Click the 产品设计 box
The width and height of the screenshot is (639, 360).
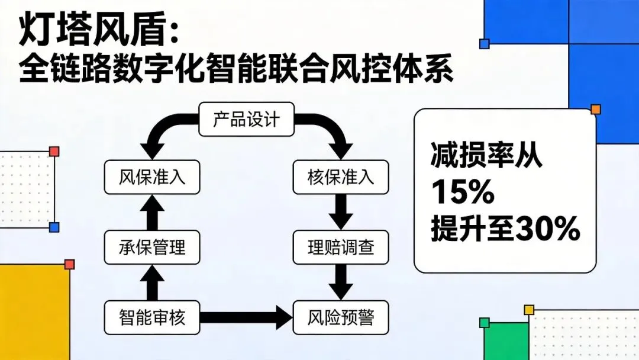click(246, 120)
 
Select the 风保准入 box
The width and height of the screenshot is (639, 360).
click(152, 176)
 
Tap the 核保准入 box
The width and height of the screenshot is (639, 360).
click(341, 176)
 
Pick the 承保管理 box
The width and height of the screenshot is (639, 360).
click(152, 246)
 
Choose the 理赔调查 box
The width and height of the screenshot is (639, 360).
click(341, 246)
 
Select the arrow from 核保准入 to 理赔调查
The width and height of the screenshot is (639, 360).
click(341, 211)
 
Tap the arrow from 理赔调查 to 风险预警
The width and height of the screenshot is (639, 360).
click(341, 281)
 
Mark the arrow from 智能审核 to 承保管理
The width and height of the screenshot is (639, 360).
click(152, 282)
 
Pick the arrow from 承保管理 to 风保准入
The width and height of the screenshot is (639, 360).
click(152, 211)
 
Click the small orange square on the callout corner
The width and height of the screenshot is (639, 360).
click(595, 110)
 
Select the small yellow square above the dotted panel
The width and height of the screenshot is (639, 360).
click(529, 310)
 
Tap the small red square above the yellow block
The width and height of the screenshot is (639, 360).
click(69, 264)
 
